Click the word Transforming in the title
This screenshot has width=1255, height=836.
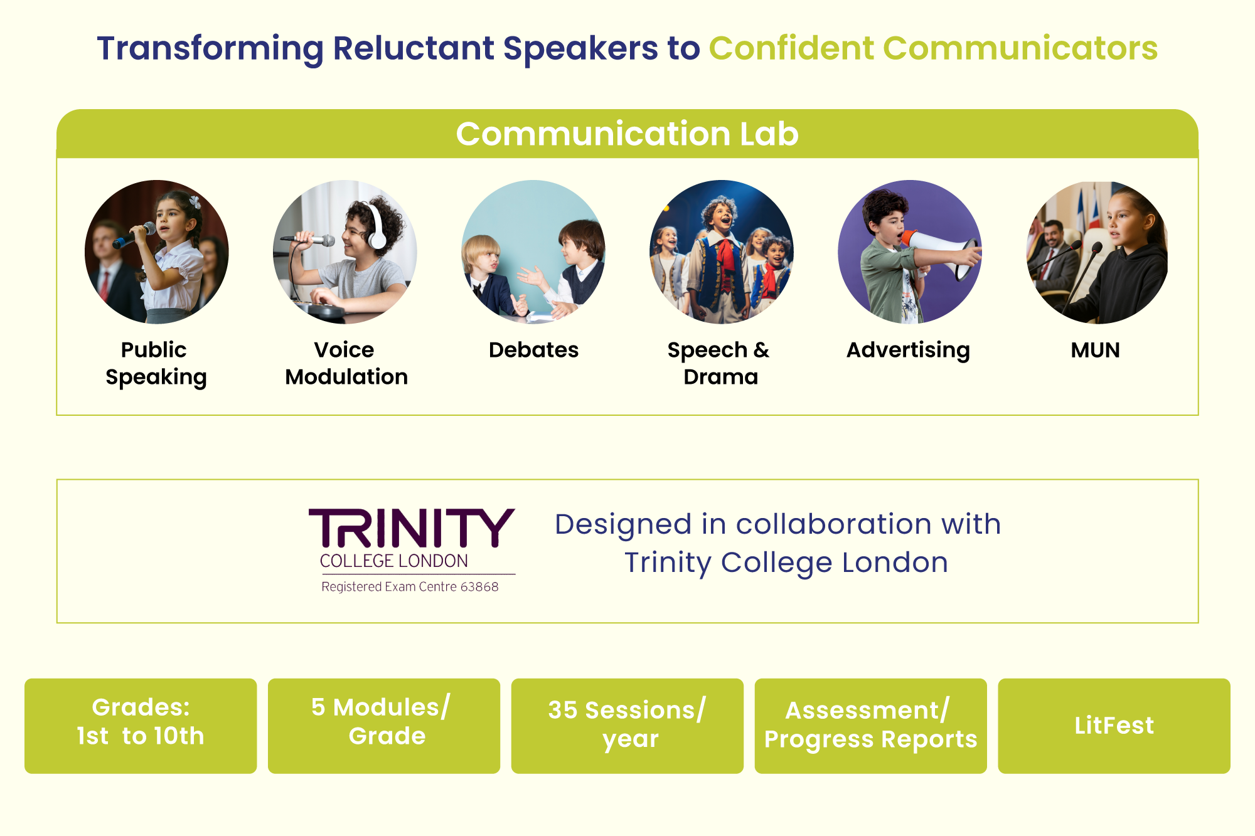click(x=210, y=49)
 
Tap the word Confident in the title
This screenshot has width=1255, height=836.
click(x=792, y=48)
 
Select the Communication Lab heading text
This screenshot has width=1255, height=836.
click(x=627, y=134)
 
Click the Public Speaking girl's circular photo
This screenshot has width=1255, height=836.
click(x=157, y=252)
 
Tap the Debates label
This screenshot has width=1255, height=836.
click(x=533, y=349)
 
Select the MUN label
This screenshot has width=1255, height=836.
click(x=1095, y=350)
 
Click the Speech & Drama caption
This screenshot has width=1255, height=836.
click(x=719, y=363)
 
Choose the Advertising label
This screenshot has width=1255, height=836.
click(x=908, y=351)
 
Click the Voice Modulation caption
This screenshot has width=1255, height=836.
click(x=346, y=363)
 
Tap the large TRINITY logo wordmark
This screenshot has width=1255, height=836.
click(x=412, y=528)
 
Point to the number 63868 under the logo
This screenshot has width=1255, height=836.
click(x=479, y=587)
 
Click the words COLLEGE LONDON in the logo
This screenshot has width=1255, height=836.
click(x=394, y=561)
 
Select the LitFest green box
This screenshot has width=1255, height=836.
click(x=1114, y=726)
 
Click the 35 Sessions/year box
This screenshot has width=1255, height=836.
click(x=627, y=726)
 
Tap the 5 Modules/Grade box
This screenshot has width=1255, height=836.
click(x=384, y=726)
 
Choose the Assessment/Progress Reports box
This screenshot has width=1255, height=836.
click(x=870, y=726)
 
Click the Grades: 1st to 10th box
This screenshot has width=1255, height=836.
click(x=141, y=726)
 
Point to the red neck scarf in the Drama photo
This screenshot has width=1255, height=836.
click(x=726, y=255)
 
